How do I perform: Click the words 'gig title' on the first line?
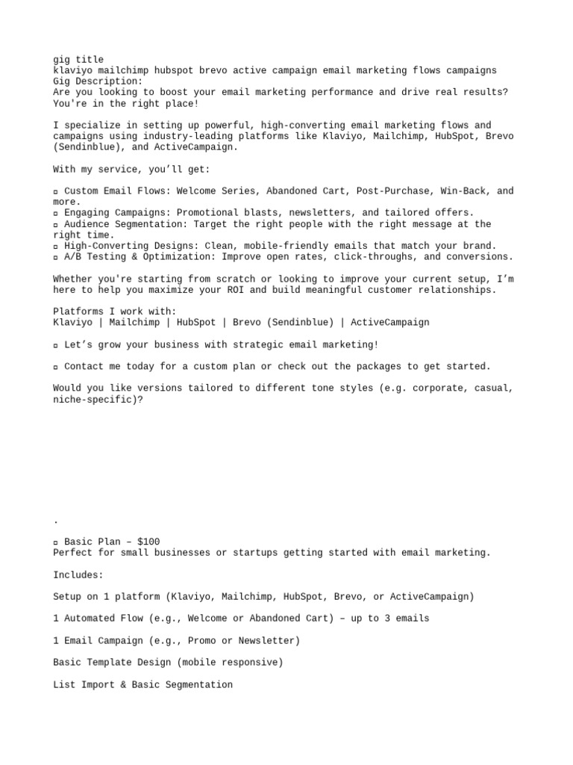coord(78,60)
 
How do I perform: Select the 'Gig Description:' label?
coord(98,81)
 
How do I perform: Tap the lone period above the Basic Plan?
coord(56,521)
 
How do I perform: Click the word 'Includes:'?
coord(78,575)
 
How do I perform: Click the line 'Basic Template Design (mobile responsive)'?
coord(168,663)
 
